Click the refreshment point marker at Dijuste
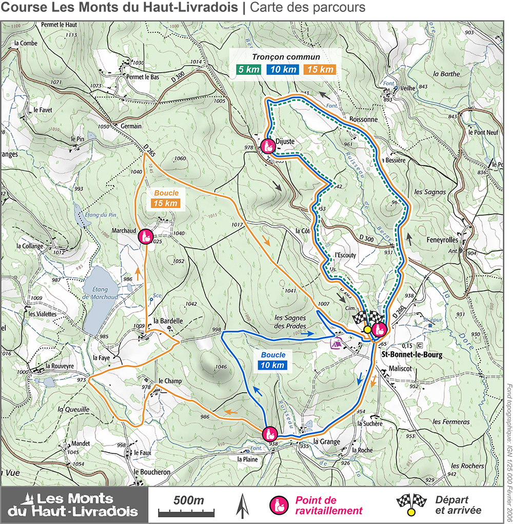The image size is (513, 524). click(x=267, y=146)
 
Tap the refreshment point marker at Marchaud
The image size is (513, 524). click(x=146, y=236)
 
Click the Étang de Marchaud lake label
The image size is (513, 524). click(x=100, y=293)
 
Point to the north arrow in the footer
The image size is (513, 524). click(x=240, y=505)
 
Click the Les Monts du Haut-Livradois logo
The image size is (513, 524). click(x=74, y=505)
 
